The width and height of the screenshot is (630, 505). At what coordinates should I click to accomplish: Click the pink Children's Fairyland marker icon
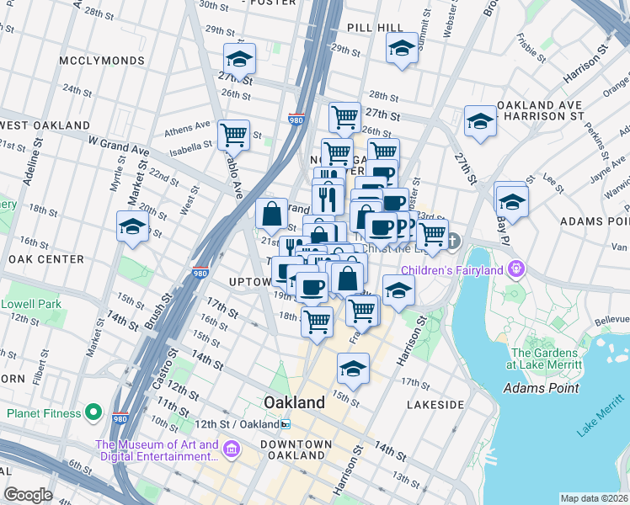tap(516, 270)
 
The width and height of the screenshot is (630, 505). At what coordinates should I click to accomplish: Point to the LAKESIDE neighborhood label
tap(435, 405)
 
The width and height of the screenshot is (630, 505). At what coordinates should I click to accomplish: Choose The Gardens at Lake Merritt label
tap(546, 359)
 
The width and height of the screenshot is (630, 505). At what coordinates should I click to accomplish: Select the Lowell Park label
tap(32, 303)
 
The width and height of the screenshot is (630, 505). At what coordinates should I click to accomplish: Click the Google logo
tap(28, 495)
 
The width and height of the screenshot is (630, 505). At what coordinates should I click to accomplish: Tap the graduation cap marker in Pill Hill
tap(402, 48)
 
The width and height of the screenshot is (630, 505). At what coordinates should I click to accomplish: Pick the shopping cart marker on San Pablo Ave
tap(233, 135)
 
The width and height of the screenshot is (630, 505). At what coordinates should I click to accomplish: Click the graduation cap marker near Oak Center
tap(132, 226)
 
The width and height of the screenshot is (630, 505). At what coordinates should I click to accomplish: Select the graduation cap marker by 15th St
tap(353, 368)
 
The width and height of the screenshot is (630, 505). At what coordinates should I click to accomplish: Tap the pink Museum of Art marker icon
tap(232, 451)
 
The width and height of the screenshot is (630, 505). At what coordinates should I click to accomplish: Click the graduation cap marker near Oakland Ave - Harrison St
tap(480, 121)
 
